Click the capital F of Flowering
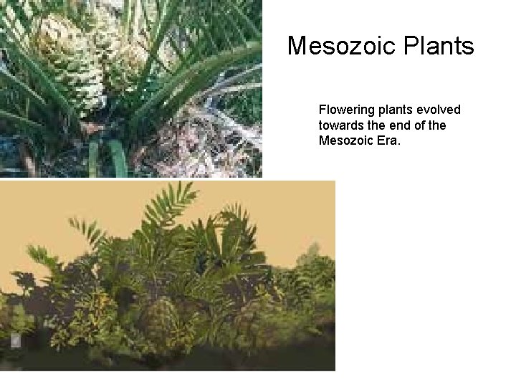322,110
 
